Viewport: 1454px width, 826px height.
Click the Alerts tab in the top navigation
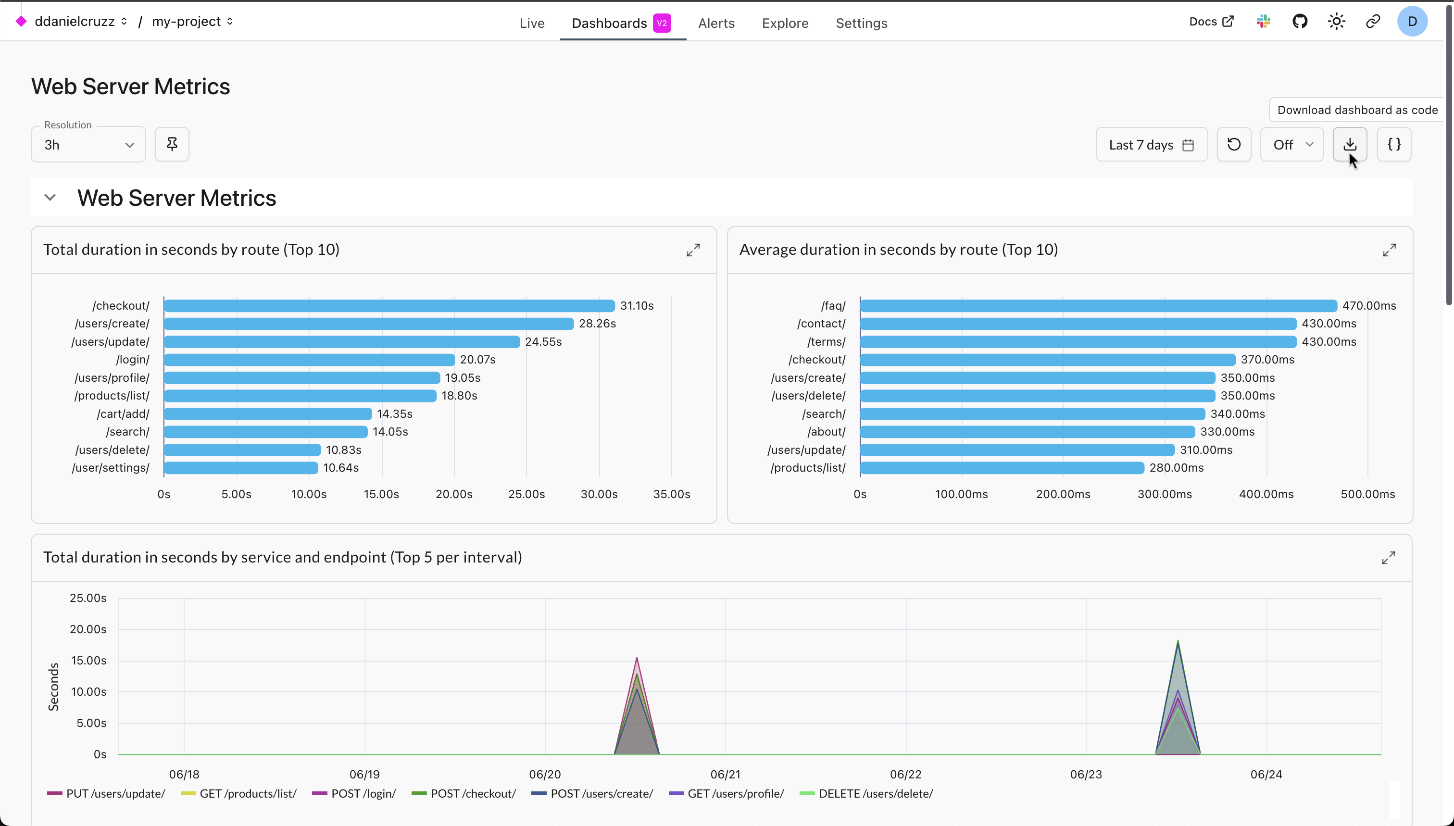(x=716, y=23)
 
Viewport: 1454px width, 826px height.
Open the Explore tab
(x=785, y=23)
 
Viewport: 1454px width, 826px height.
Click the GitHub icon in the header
(x=1300, y=22)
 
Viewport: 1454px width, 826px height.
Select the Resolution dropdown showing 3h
(x=88, y=145)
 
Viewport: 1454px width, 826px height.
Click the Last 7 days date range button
(x=1151, y=145)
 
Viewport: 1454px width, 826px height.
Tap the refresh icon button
(x=1233, y=145)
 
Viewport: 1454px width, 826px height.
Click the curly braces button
(x=1393, y=145)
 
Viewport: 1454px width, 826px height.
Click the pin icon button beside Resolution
(x=172, y=145)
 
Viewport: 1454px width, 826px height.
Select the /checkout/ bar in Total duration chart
(x=389, y=306)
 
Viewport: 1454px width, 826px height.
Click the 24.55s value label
(x=543, y=341)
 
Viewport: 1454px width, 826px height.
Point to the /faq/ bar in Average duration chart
(x=1098, y=306)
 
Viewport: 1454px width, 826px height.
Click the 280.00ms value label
(x=1176, y=468)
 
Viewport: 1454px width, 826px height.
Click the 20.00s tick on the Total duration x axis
(x=454, y=494)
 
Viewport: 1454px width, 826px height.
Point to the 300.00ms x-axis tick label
(x=1164, y=494)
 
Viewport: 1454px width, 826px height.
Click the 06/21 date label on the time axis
(x=725, y=775)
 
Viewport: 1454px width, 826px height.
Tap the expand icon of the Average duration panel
(x=1389, y=250)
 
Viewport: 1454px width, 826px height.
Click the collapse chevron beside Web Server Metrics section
(x=50, y=198)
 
